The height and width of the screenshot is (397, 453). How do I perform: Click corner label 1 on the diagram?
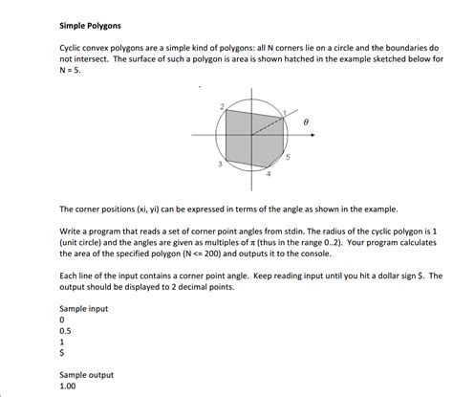click(285, 114)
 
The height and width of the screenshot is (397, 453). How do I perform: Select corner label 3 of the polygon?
click(220, 165)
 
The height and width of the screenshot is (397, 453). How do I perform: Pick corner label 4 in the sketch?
click(269, 175)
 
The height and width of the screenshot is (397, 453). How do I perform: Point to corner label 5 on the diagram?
click(288, 156)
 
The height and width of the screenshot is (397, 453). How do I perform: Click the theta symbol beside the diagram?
click(307, 123)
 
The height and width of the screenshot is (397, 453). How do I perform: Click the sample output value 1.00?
click(68, 387)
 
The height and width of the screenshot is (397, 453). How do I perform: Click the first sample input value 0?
click(61, 320)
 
